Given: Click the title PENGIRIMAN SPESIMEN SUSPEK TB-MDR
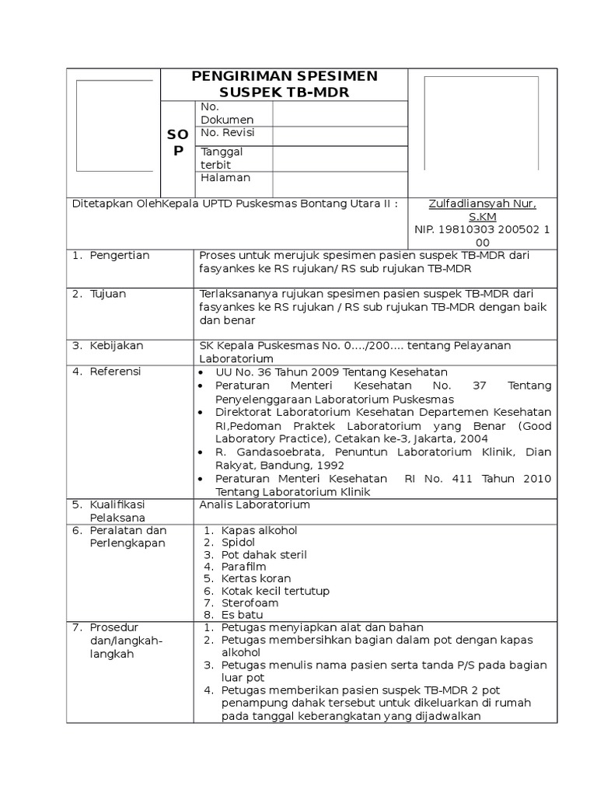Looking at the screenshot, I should point(284,84).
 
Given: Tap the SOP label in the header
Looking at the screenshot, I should point(178,143).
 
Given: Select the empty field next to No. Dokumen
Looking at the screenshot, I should point(340,113).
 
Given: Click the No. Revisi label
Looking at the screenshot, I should point(227,133).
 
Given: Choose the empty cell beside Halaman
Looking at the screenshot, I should point(340,183).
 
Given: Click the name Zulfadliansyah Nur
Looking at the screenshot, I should point(482,204).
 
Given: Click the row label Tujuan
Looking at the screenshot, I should point(108,294).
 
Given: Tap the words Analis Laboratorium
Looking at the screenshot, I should point(254,504).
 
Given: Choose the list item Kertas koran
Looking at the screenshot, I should point(256,578).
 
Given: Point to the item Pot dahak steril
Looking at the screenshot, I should point(264,554).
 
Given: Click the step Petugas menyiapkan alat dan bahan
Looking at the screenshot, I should point(322,627).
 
